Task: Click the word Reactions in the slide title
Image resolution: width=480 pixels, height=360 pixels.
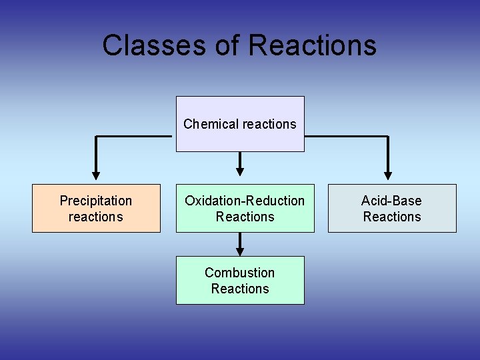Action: pyautogui.click(x=312, y=45)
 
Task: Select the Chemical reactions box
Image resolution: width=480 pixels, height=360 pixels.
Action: pyautogui.click(x=240, y=123)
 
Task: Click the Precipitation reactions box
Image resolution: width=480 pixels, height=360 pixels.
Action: pyautogui.click(x=96, y=208)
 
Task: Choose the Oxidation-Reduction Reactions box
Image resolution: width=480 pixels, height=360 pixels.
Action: pyautogui.click(x=245, y=208)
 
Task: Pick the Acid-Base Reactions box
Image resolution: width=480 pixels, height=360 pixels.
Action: pyautogui.click(x=392, y=208)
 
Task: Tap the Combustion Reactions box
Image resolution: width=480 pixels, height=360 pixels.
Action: pyautogui.click(x=240, y=280)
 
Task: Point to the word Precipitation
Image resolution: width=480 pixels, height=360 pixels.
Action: pyautogui.click(x=96, y=201)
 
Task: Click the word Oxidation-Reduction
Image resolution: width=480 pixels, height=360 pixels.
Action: pyautogui.click(x=245, y=201)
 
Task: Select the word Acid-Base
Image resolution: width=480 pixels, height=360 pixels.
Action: pyautogui.click(x=391, y=201)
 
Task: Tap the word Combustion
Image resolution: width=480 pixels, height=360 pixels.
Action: pyautogui.click(x=239, y=273)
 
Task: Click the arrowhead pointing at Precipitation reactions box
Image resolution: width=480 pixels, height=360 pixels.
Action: pyautogui.click(x=96, y=176)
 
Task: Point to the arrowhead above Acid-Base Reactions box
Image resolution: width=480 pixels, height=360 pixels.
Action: pyautogui.click(x=387, y=176)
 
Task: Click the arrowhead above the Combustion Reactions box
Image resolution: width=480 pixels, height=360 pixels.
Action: pyautogui.click(x=240, y=252)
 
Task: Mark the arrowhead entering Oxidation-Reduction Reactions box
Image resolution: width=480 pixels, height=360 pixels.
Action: pyautogui.click(x=240, y=170)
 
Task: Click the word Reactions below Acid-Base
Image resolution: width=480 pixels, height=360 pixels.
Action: pyautogui.click(x=392, y=217)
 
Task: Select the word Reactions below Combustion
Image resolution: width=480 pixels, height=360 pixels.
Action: pyautogui.click(x=240, y=289)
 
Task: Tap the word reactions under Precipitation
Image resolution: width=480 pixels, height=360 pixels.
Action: pyautogui.click(x=96, y=217)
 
